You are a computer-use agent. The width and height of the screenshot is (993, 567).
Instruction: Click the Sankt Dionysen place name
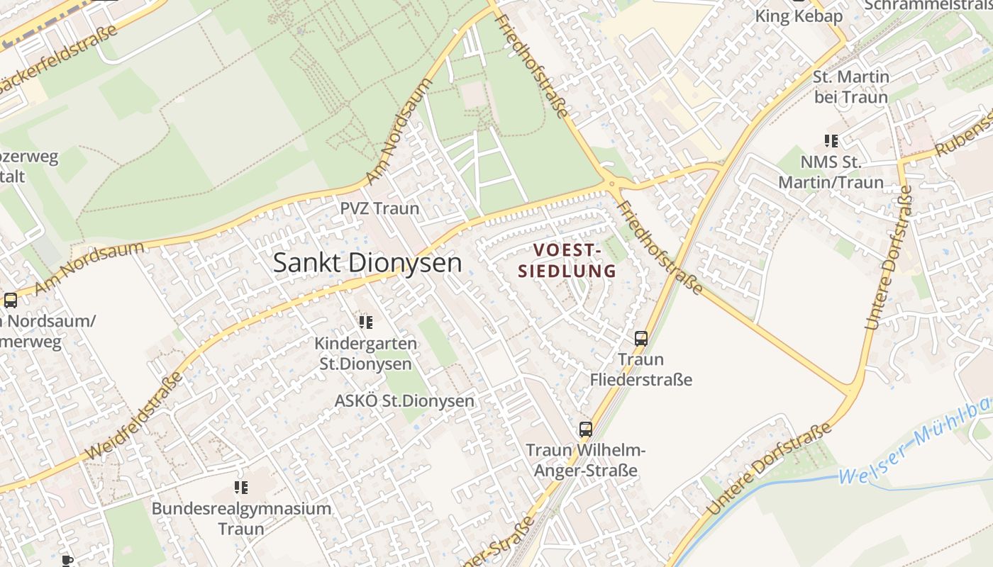367,263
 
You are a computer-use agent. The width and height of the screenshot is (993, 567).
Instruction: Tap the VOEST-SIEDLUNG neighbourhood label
567,260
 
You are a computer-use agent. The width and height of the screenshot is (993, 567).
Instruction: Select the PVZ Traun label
379,209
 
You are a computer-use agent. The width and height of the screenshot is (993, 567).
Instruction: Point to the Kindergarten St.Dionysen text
365,354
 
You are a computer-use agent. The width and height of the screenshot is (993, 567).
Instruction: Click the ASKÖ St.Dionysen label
404,401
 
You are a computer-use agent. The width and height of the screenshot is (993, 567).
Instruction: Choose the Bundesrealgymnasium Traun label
241,518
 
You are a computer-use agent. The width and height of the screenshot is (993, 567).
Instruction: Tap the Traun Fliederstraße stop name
640,369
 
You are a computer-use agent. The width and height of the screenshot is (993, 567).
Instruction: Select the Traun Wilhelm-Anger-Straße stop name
585,460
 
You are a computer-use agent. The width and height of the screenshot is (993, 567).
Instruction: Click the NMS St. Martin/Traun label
831,172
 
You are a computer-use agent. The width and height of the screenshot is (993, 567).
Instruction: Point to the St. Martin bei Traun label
850,86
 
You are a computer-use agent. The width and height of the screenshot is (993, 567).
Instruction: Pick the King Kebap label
798,16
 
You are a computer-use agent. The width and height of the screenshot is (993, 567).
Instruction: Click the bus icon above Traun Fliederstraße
641,339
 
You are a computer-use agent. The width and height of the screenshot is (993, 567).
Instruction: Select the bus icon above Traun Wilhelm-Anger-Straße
585,429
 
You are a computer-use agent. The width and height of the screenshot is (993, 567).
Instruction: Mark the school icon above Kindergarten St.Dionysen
365,323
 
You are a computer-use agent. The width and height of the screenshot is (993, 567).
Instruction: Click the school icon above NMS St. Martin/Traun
831,141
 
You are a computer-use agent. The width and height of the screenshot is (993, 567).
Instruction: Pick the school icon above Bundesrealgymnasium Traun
241,488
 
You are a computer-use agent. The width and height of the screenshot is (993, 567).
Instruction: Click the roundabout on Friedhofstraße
611,184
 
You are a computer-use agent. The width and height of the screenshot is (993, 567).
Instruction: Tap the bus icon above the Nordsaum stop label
11,300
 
